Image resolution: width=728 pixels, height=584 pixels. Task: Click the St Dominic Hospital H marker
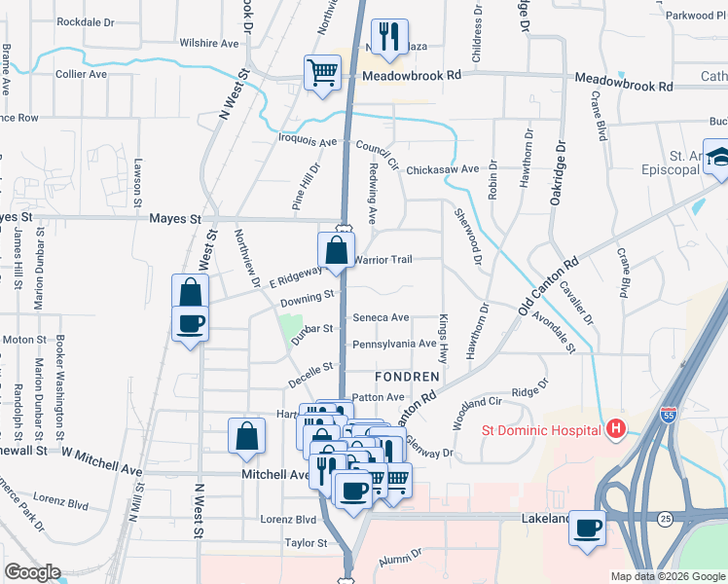(615, 428)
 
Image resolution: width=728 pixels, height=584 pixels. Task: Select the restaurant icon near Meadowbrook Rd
(389, 37)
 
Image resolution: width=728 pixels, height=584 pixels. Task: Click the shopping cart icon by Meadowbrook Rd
(322, 71)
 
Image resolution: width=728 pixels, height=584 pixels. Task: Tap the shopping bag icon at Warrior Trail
(336, 249)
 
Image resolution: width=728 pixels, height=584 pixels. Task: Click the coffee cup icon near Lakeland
(587, 529)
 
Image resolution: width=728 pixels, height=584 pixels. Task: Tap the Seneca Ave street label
(381, 317)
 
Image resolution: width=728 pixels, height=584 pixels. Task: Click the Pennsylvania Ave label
(394, 344)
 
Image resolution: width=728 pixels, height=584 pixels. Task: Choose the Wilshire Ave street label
(209, 44)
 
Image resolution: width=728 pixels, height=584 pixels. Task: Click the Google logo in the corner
(32, 572)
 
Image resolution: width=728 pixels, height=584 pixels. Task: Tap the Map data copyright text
(667, 576)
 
